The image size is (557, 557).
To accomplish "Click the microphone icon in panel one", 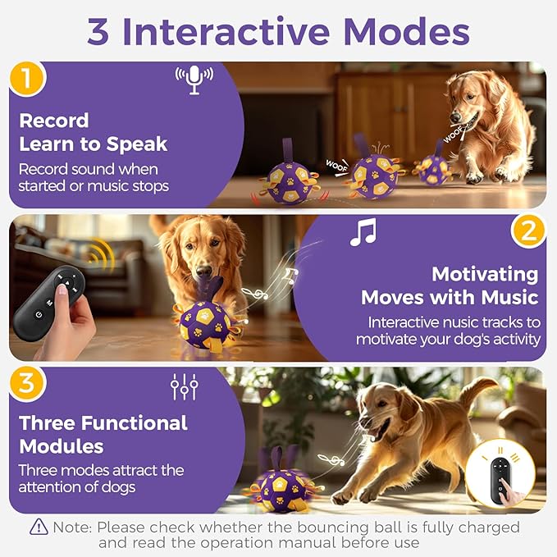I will coord(194,80).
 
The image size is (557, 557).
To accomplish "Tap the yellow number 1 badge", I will coord(26,79).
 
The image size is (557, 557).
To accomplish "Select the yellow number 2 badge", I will coord(528,231).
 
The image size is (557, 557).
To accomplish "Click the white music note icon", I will coord(363,232).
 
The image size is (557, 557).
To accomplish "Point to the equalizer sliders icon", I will coord(185,386).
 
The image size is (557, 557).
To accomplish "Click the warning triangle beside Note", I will coord(39,527).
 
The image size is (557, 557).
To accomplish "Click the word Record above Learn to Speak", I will coord(54,121).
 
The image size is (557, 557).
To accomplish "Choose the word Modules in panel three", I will coord(62,446).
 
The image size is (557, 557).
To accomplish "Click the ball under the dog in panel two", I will coord(201,323).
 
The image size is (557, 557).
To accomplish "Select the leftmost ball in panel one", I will coord(292,182).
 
